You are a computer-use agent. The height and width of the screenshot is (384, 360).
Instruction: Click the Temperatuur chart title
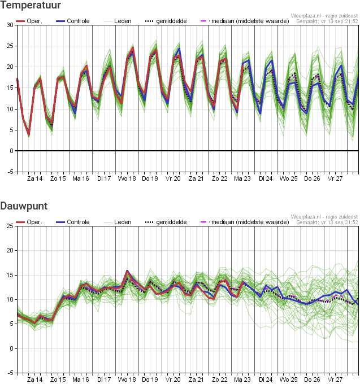click(x=31, y=5)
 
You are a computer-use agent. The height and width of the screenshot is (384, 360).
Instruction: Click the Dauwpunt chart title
click(x=24, y=206)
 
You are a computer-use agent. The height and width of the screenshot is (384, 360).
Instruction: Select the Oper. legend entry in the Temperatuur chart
click(x=29, y=21)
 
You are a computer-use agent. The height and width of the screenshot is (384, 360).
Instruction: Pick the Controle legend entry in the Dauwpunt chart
click(x=73, y=222)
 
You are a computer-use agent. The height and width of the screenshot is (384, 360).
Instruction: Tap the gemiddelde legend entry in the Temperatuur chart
click(x=166, y=21)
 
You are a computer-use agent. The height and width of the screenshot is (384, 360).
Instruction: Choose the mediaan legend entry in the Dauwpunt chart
click(x=245, y=222)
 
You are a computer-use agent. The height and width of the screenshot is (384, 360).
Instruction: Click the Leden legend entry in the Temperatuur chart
click(x=118, y=21)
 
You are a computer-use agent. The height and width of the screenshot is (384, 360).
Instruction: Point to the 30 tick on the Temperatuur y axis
click(x=10, y=25)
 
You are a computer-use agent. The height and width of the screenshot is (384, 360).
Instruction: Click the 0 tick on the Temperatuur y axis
click(x=11, y=151)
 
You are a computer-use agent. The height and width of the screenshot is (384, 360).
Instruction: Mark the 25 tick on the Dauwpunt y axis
click(x=10, y=226)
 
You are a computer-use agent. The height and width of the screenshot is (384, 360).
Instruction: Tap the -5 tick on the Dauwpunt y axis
click(x=10, y=373)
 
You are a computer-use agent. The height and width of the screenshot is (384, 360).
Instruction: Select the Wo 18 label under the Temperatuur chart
click(x=127, y=178)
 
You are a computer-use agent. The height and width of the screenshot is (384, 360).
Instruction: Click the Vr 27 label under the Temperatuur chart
click(x=335, y=178)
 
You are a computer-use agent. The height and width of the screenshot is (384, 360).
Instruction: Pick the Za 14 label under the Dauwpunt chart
click(x=34, y=379)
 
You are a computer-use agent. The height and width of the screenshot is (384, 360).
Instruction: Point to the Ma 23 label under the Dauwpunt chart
click(x=242, y=379)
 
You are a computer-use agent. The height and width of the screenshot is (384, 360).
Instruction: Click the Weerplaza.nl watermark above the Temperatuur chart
click(x=324, y=16)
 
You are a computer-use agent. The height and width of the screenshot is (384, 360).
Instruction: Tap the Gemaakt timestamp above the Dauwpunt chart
click(x=327, y=222)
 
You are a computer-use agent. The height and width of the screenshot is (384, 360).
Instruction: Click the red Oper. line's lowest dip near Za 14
click(x=29, y=135)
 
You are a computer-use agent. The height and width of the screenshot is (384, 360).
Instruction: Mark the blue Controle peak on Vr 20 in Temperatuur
click(x=179, y=49)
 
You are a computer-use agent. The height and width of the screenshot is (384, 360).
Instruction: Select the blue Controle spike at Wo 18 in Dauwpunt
click(x=127, y=271)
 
